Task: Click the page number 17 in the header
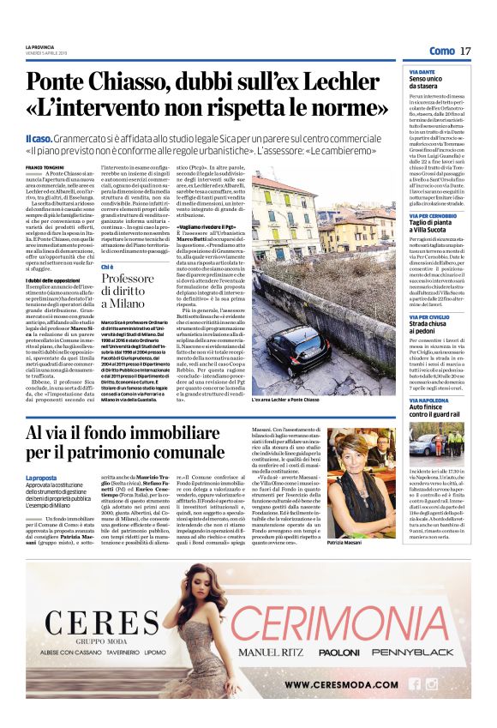point(465,51)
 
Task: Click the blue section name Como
point(441,51)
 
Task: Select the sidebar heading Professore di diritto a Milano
point(127,291)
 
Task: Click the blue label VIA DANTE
point(422,71)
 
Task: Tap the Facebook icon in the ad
point(416,684)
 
